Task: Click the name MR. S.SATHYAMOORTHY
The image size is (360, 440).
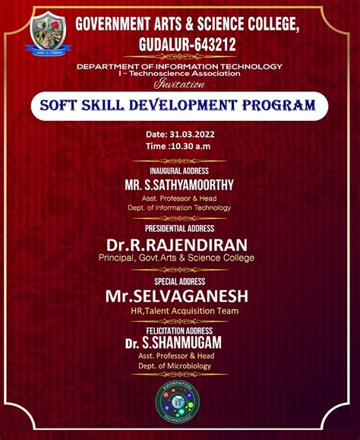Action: click(x=179, y=185)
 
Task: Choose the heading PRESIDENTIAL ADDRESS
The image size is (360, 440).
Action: click(x=179, y=228)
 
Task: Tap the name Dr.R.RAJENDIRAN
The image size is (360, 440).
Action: click(x=179, y=244)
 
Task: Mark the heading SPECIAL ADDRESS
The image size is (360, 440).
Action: click(x=179, y=281)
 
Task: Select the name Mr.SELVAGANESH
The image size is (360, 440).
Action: click(x=179, y=296)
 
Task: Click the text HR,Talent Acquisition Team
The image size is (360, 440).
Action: click(x=179, y=311)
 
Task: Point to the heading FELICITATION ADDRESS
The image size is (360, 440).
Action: click(x=179, y=331)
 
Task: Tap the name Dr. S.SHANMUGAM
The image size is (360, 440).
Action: click(x=179, y=343)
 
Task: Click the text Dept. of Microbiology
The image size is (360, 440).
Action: click(x=179, y=366)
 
